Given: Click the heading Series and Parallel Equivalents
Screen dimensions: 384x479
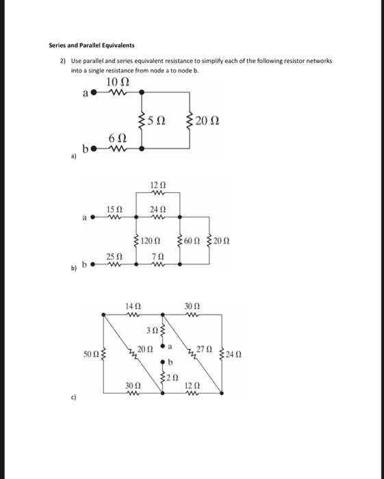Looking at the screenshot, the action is pos(91,45).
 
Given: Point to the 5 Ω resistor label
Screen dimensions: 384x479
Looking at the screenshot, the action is pos(157,121).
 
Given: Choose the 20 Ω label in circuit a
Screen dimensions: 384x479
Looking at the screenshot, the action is pos(206,121).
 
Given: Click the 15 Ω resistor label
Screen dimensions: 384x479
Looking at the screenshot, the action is pos(114,208).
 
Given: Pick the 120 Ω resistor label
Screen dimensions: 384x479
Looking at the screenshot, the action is pos(150,241).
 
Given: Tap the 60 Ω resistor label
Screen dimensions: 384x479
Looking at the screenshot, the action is pos(194,241).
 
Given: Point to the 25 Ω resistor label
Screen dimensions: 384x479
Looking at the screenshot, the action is pos(114,257).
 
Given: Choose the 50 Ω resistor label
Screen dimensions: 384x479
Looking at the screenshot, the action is pos(90,354).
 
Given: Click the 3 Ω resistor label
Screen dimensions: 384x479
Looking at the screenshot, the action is pos(154,331).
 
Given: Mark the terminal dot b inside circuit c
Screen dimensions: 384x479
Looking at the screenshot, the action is pos(163,361).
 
